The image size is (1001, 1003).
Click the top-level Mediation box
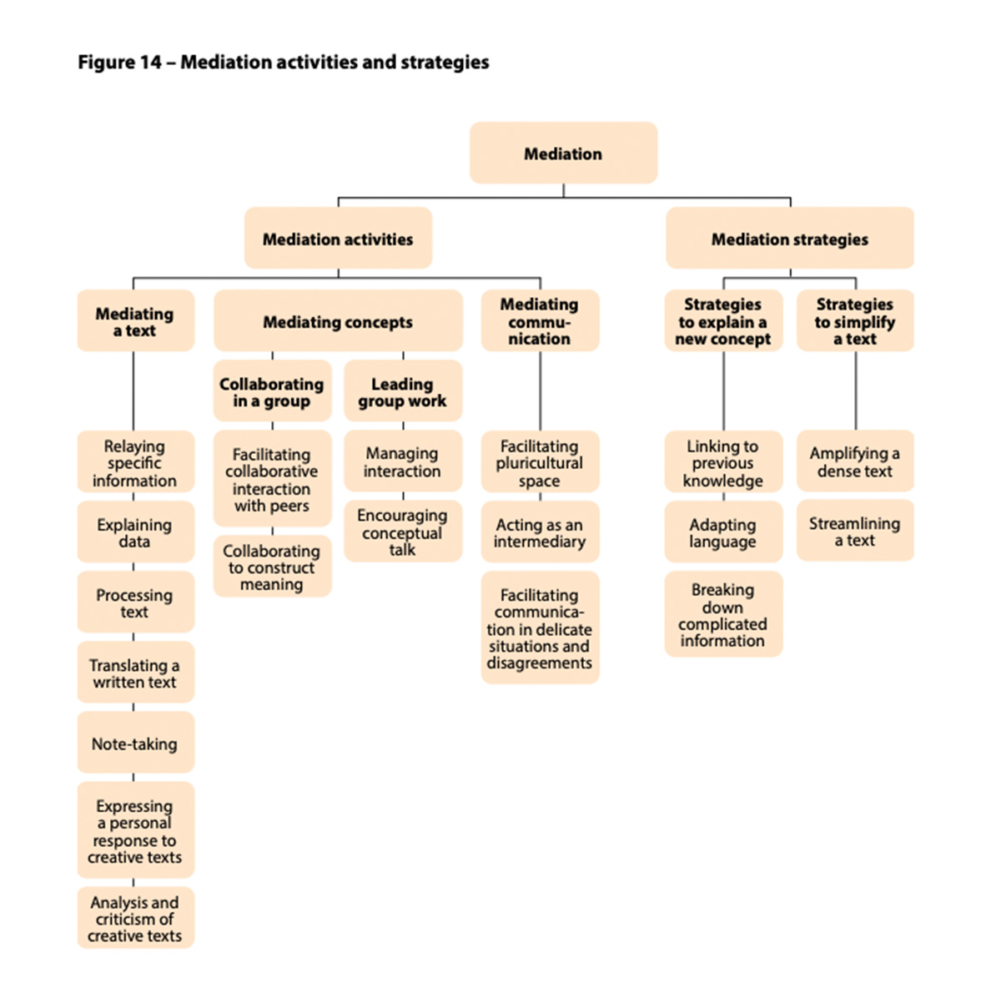click(x=563, y=153)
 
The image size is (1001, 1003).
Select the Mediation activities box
click(x=338, y=238)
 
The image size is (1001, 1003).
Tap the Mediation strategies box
click(x=789, y=238)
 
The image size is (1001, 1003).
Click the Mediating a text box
click(x=136, y=320)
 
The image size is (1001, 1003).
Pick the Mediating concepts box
click(x=338, y=320)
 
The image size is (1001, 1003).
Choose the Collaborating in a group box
click(x=272, y=391)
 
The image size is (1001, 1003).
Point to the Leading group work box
click(x=403, y=391)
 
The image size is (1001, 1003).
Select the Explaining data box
click(x=136, y=532)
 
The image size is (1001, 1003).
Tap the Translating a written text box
click(x=136, y=672)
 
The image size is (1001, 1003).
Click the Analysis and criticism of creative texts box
click(x=136, y=918)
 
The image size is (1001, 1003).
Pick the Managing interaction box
click(x=403, y=461)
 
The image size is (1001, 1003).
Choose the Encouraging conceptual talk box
click(x=403, y=531)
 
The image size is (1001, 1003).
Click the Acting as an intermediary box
click(x=541, y=532)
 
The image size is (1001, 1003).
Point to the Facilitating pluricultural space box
click(x=541, y=461)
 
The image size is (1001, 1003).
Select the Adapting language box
click(x=723, y=532)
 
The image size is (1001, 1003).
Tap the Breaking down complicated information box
click(x=723, y=613)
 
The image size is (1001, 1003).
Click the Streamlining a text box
click(x=855, y=531)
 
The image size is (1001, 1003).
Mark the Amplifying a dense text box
click(x=855, y=461)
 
